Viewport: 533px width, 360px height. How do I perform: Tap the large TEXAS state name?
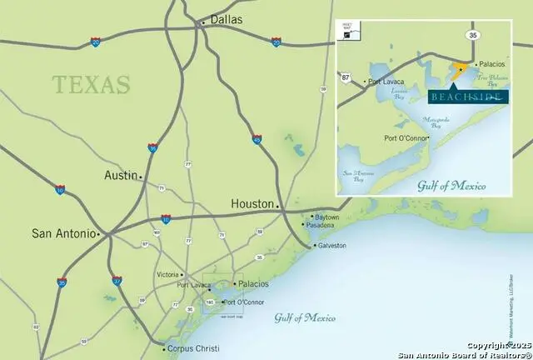pos(92,84)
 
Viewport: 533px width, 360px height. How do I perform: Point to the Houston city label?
pos(252,203)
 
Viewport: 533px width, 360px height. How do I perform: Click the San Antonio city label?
pos(62,233)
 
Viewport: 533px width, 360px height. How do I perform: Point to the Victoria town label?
pos(169,274)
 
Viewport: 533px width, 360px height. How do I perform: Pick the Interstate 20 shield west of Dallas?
pos(96,41)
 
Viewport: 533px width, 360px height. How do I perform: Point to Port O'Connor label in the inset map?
pos(406,137)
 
